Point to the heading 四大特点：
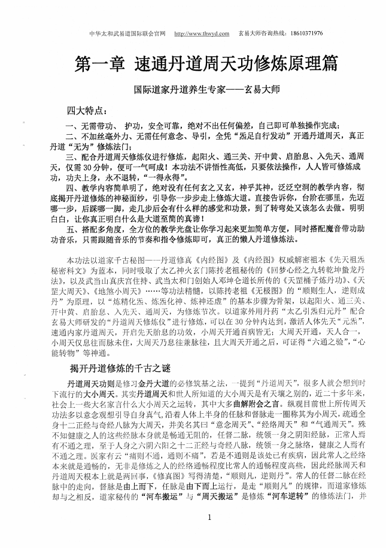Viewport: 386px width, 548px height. tap(87, 111)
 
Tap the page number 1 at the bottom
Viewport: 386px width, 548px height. tap(193, 516)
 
